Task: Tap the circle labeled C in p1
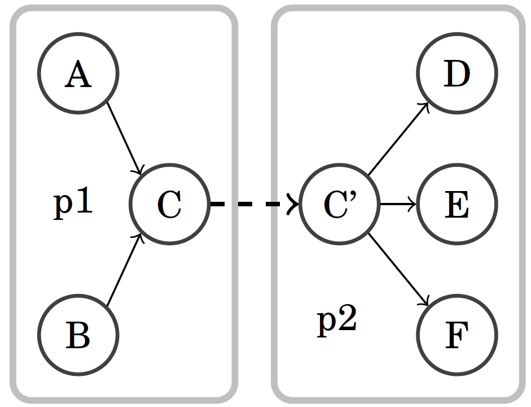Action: (169, 204)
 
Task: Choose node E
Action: (457, 204)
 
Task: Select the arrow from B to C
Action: (124, 270)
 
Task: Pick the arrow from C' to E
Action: (398, 204)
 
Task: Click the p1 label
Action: (73, 203)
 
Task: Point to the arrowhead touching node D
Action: (428, 106)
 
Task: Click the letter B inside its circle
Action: (78, 335)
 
